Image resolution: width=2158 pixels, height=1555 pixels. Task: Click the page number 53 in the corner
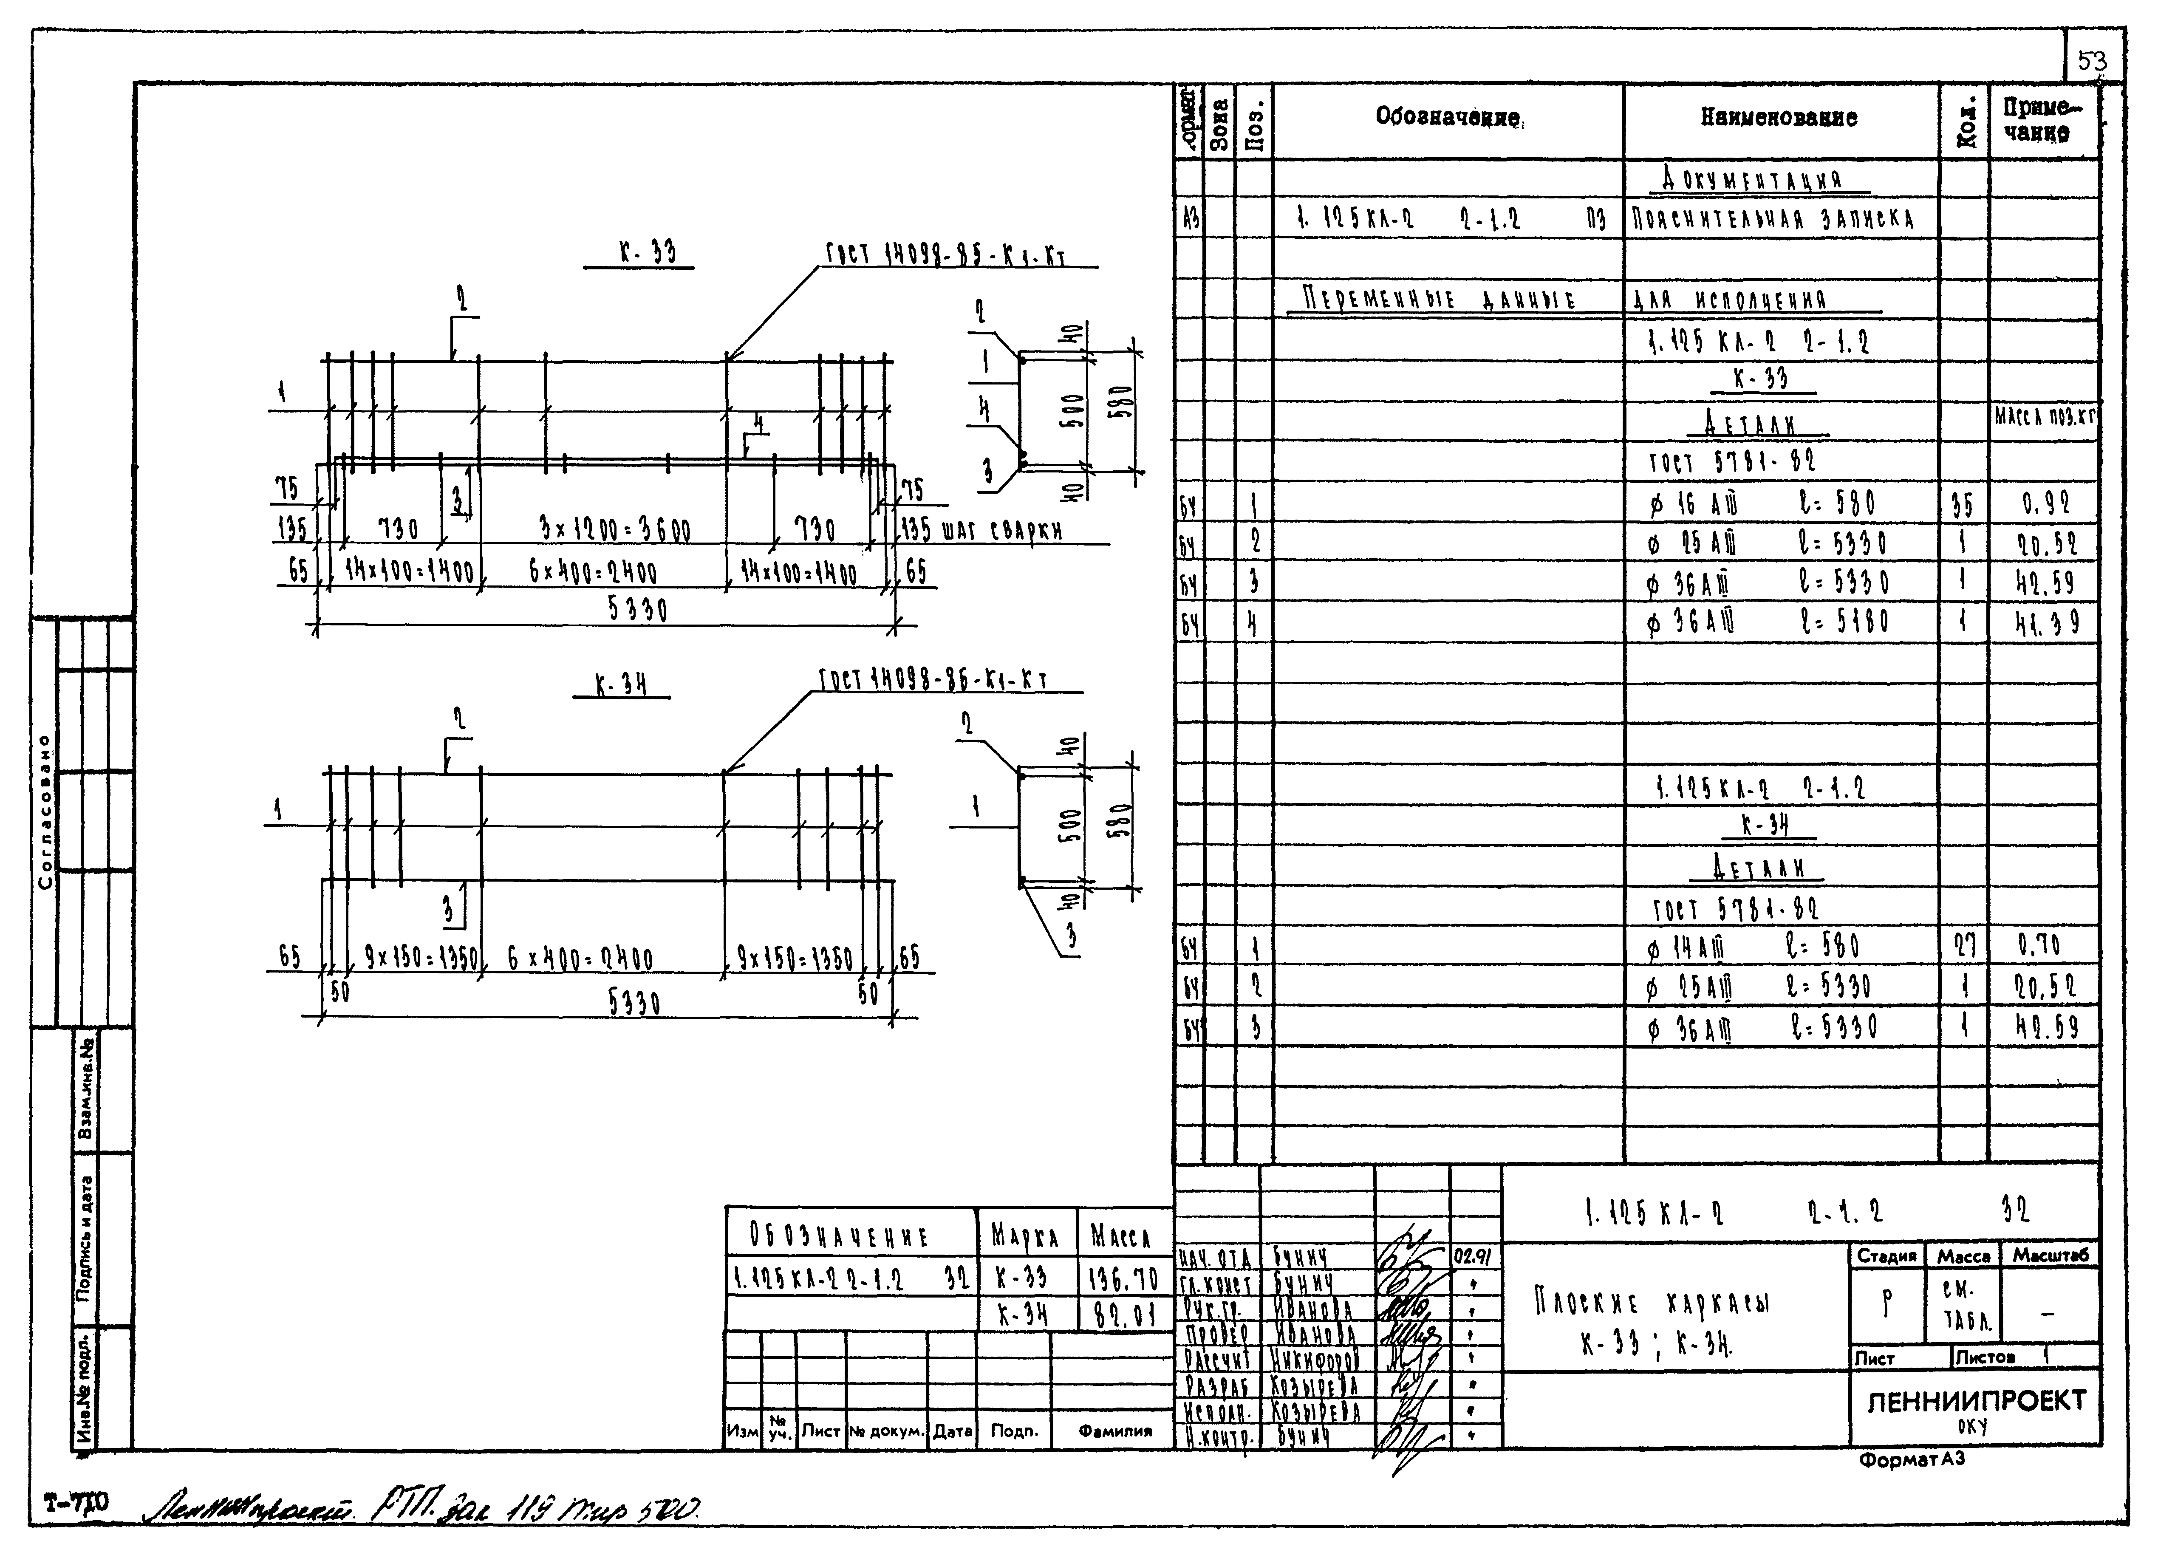click(x=2091, y=62)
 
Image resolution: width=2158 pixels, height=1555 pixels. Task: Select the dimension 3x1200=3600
click(x=614, y=529)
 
